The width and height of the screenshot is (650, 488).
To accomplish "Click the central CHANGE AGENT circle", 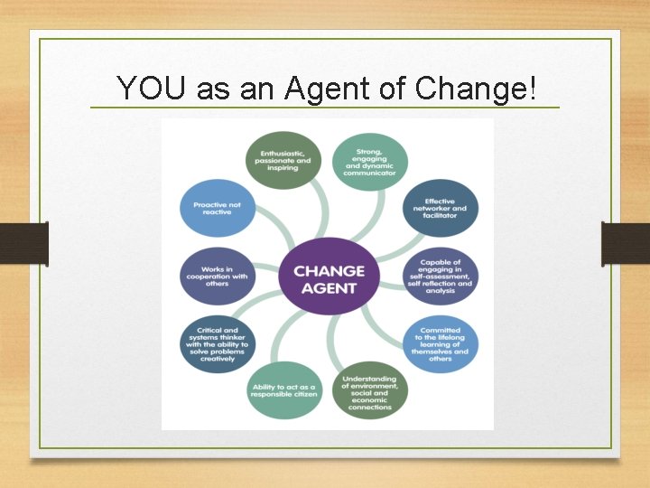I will [329, 278].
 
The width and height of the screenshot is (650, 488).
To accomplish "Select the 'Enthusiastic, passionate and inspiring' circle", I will [284, 161].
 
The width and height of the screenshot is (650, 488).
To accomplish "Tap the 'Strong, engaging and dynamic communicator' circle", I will [370, 161].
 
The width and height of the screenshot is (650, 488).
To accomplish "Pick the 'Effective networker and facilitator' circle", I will [440, 208].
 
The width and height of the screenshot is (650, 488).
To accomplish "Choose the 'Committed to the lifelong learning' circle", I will [440, 343].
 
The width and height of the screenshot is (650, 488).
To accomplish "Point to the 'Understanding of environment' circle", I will [370, 390].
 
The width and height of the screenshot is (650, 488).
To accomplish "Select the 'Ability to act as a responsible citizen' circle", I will [284, 390].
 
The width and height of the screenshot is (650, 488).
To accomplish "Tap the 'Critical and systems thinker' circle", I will [217, 343].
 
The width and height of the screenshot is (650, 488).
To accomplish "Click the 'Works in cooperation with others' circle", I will [217, 276].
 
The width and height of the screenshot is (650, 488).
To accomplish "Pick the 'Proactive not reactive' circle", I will [217, 208].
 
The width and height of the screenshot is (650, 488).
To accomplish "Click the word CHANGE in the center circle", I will [329, 270].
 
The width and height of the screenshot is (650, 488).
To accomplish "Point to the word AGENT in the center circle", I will [329, 288].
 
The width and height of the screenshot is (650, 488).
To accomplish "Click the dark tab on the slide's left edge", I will [17, 242].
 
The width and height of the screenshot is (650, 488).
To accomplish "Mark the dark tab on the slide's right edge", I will [632, 242].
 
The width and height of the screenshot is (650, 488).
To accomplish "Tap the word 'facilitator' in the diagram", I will [440, 216].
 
